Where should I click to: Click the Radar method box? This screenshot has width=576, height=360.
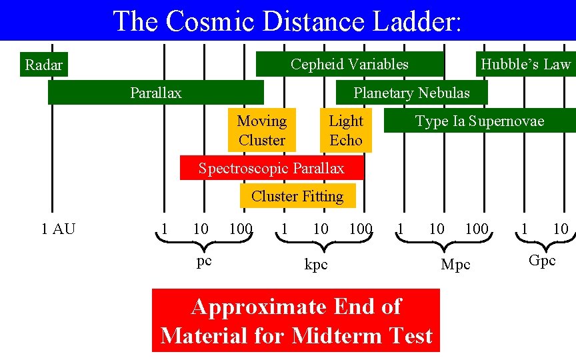point(43,65)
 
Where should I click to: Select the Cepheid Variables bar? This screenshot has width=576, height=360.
point(349,64)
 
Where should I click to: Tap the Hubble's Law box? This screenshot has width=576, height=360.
point(525,64)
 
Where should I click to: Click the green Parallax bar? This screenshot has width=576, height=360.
point(155,93)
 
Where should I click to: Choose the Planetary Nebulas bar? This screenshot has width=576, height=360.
point(411,93)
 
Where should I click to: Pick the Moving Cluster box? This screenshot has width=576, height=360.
point(261,130)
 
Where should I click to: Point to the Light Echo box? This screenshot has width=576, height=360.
point(346,130)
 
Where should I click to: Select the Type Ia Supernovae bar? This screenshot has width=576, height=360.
point(479,121)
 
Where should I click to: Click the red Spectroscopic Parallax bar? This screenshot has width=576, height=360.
point(271,168)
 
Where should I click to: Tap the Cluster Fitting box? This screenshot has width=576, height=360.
point(297,196)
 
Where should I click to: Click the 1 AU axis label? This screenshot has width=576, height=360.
point(58,229)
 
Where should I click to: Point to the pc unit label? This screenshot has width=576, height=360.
point(204,261)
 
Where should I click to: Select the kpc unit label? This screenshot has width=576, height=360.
point(316,265)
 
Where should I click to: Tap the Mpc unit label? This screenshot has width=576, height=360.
point(455,265)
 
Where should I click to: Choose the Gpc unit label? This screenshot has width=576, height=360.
point(541,261)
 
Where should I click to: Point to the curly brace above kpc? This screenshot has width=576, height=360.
point(317,246)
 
